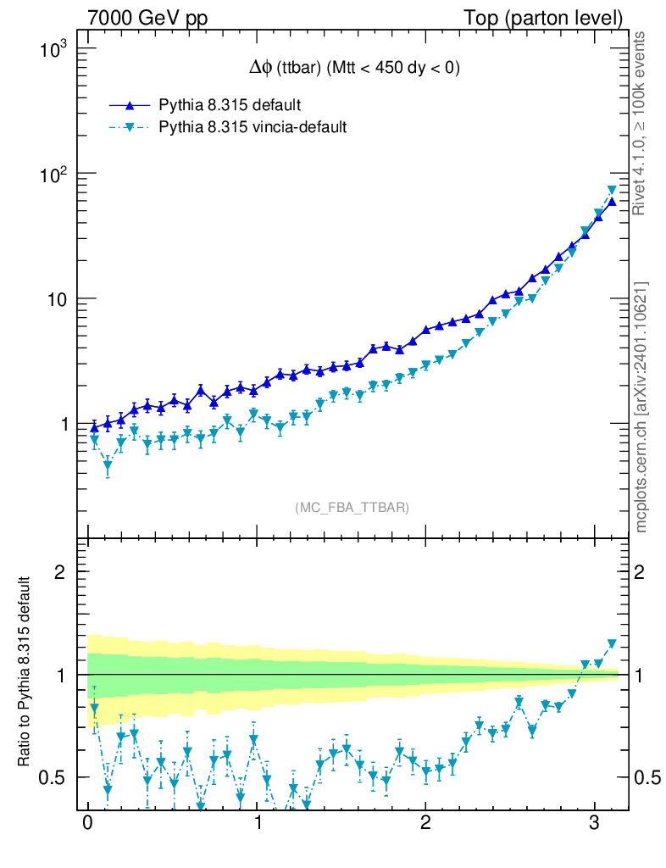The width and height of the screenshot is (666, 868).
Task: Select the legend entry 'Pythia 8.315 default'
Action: pos(230,105)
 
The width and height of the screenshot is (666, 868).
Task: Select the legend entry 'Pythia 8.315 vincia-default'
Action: pos(253,127)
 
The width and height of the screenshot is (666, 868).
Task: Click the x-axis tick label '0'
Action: pos(87,823)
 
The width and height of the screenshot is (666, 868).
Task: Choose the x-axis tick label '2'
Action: pos(425,823)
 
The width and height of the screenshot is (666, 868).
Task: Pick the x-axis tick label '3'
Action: pos(595,823)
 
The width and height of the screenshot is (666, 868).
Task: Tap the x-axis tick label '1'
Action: pos(257,823)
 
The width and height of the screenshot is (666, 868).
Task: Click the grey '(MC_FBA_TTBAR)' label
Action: pos(352,508)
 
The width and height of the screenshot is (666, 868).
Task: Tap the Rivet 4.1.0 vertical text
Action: pos(641,124)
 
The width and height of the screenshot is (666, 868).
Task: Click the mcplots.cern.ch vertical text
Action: pos(641,407)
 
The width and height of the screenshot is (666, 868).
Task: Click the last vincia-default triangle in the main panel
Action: pos(612,192)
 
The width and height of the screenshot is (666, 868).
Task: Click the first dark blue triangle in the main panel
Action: pos(94,427)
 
